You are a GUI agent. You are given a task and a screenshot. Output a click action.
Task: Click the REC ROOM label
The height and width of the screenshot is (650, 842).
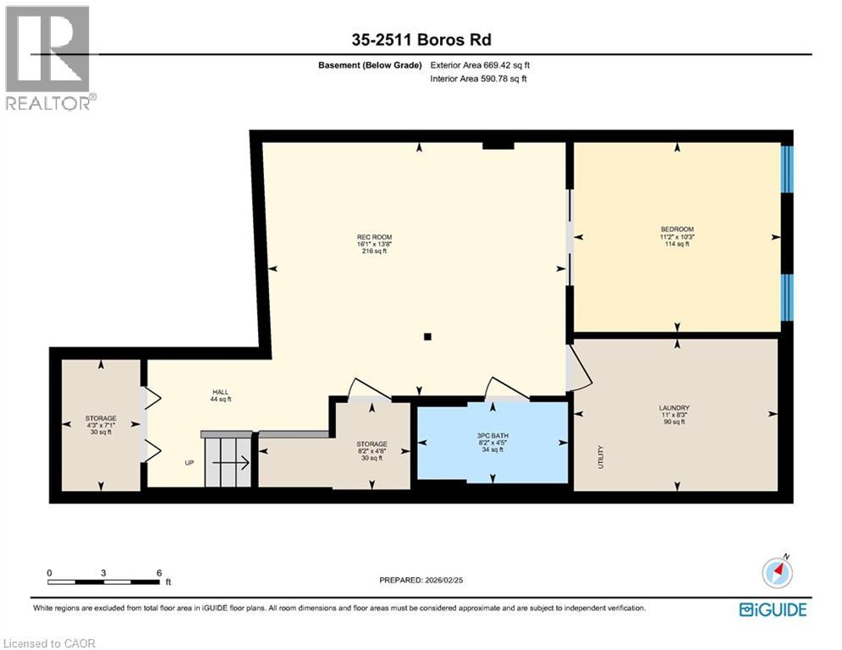[373, 237]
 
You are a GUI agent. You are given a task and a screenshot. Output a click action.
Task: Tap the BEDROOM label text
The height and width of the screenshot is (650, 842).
[677, 229]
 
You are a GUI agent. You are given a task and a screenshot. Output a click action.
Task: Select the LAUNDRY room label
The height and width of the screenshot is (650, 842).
[674, 408]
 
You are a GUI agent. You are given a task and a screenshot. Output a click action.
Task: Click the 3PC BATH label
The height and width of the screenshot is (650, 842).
[492, 435]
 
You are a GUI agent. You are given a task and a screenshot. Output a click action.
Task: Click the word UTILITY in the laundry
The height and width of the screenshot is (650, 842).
[601, 458]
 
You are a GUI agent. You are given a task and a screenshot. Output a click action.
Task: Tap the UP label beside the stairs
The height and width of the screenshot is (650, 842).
[190, 463]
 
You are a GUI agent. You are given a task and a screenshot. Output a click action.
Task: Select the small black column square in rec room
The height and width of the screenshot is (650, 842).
[427, 337]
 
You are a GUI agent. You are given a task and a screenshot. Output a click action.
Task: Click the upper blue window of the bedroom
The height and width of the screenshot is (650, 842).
[787, 169]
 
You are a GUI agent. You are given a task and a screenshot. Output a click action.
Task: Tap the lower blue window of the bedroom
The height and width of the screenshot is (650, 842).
[787, 297]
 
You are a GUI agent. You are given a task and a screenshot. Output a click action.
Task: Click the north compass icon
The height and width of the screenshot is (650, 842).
[777, 573]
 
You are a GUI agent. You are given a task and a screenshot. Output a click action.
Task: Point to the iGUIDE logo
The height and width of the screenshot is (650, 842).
[773, 609]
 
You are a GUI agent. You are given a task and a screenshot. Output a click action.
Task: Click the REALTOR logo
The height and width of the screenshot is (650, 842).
[48, 58]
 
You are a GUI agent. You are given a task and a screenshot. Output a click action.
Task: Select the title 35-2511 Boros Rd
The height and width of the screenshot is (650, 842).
[420, 39]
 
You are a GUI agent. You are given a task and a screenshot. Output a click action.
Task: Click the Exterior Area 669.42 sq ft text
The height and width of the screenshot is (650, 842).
[481, 65]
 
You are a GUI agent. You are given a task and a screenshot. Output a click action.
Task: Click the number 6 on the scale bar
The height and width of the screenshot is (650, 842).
[159, 573]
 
